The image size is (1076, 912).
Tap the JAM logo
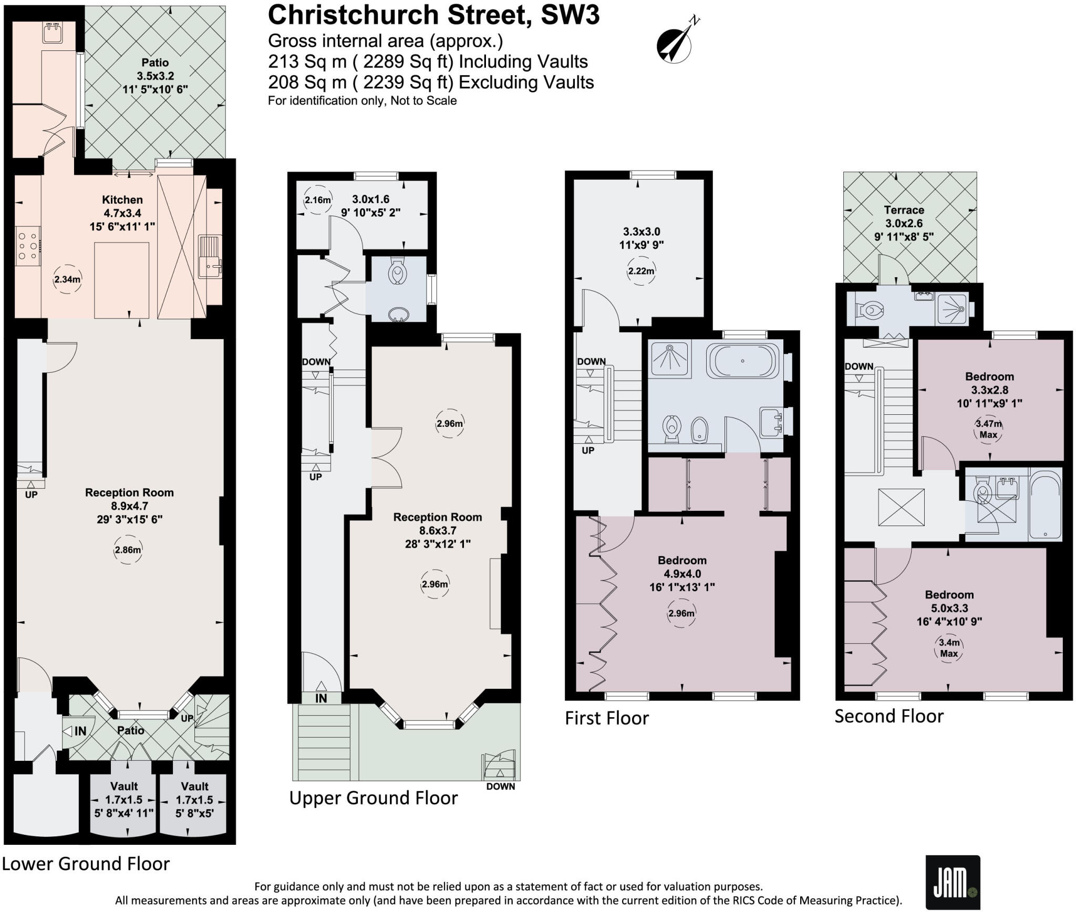pos(952,882)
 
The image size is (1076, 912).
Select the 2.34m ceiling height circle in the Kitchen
pos(67,279)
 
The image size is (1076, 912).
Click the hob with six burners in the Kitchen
pos(27,246)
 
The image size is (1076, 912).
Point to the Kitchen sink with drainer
pos(211,257)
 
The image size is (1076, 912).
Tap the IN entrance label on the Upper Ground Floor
pos(321,698)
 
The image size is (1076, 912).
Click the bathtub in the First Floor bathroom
pos(742,361)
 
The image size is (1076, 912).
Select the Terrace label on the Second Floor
pos(904,210)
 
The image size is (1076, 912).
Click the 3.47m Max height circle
pos(988,428)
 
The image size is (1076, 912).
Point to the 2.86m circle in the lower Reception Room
pos(128,550)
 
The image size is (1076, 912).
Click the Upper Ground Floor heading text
pos(374,798)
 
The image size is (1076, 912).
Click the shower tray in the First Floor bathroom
pos(670,359)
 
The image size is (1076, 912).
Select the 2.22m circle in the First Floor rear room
pos(642,271)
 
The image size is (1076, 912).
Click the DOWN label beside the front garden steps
pos(500,787)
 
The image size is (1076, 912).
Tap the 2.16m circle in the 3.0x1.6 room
pos(318,200)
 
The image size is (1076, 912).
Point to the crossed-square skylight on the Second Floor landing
pos(901,507)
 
